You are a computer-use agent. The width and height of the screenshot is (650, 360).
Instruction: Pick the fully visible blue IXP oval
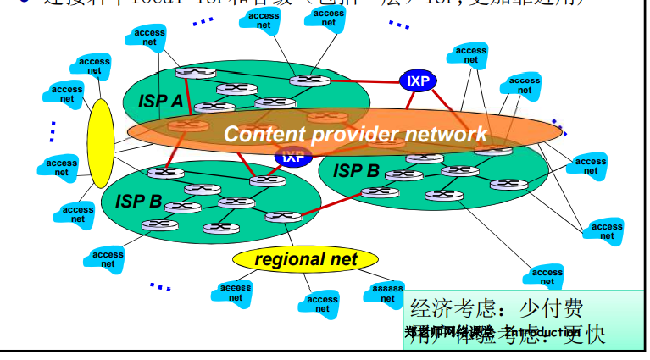[x=418, y=81]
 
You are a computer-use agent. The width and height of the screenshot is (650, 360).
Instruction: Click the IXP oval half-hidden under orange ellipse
[x=293, y=157]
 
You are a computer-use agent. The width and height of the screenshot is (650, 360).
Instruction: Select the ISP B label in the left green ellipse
[x=138, y=202]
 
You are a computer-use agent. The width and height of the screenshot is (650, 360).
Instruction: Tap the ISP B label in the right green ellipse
[x=356, y=170]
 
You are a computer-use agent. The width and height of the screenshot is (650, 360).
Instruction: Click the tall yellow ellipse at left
[x=100, y=143]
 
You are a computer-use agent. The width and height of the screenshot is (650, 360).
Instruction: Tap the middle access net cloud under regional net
[x=322, y=303]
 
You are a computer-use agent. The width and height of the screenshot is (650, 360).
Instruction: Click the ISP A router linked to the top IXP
[x=309, y=80]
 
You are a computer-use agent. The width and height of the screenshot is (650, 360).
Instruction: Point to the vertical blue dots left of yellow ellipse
[x=53, y=130]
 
